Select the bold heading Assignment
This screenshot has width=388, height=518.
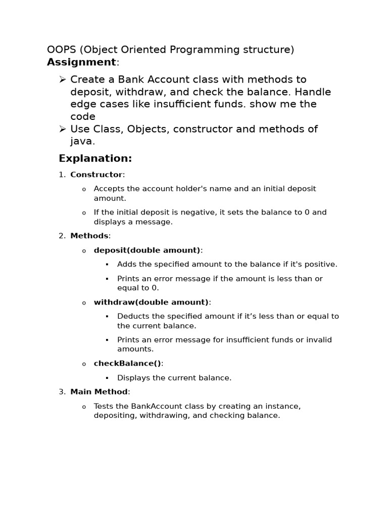81,62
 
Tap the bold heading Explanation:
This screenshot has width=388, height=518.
95,158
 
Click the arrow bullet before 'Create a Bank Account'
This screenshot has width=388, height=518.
63,79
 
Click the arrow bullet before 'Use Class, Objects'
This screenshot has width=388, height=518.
63,129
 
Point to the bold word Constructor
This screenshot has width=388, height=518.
96,175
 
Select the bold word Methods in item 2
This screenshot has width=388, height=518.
89,236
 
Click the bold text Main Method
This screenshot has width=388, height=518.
99,392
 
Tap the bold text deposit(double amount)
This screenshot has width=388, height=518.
147,250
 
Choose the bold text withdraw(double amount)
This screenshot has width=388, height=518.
151,302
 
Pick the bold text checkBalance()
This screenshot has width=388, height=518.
127,363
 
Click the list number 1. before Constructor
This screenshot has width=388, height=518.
62,175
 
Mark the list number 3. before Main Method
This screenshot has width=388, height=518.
62,392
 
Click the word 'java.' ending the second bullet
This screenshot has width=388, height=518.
82,142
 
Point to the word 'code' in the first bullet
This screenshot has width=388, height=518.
83,117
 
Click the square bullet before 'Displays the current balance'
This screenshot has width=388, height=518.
107,378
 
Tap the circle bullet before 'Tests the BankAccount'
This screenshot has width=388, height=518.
84,407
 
